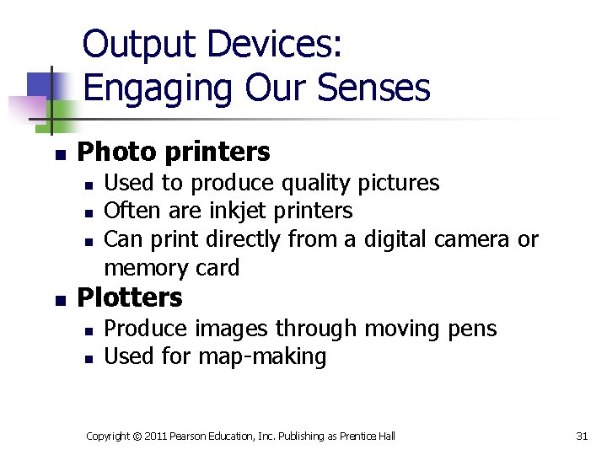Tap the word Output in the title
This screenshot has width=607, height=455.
tap(138, 44)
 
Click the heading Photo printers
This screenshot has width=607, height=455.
tap(174, 152)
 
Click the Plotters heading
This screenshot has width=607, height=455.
tap(129, 297)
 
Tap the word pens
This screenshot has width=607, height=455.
tap(472, 328)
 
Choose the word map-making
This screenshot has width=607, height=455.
tap(261, 356)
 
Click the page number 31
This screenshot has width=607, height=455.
tap(581, 436)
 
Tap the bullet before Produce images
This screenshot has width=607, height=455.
tap(89, 330)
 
